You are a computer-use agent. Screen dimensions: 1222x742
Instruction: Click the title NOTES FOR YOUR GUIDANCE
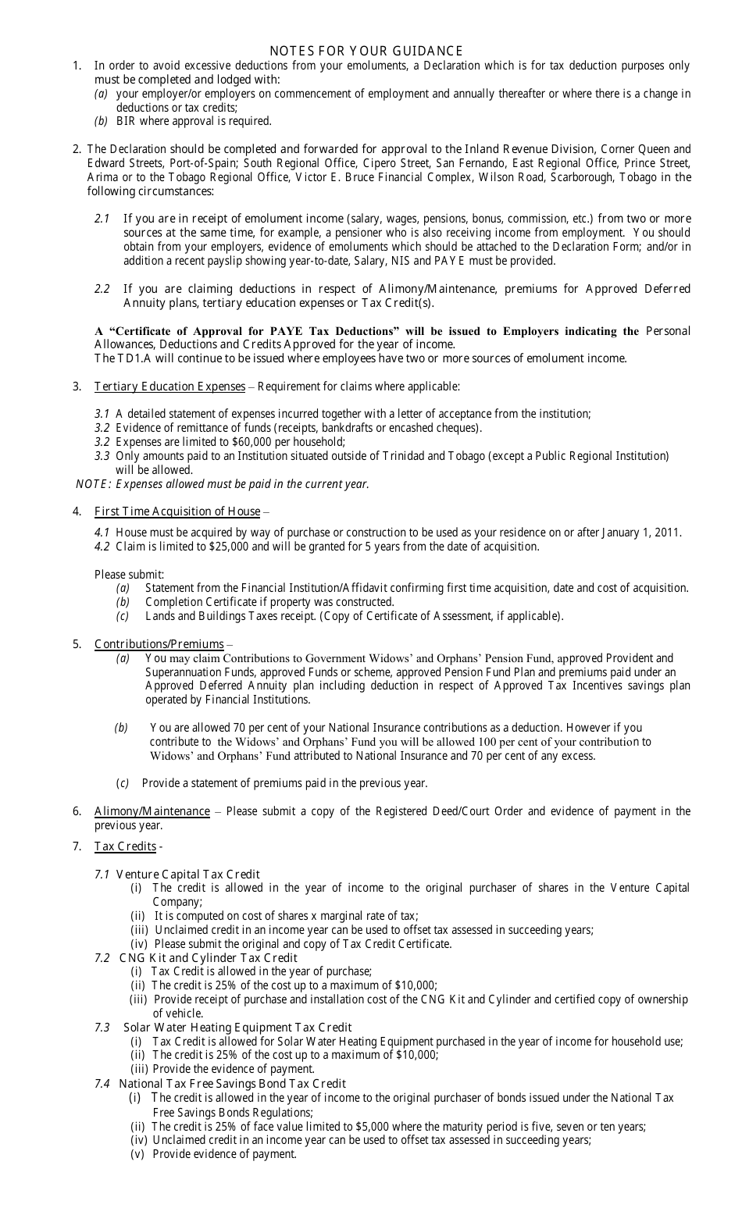click(366, 52)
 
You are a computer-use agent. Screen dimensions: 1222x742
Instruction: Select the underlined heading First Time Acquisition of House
click(177, 511)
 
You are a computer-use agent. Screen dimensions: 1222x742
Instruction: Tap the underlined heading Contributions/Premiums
click(159, 644)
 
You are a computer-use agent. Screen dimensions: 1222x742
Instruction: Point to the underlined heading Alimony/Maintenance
click(152, 811)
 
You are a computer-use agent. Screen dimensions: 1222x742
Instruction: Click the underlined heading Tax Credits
click(125, 846)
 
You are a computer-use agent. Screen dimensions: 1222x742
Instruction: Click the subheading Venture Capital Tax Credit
click(187, 875)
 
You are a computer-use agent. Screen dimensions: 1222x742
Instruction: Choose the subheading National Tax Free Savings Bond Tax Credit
click(232, 1084)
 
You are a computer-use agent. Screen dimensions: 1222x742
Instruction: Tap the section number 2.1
click(102, 219)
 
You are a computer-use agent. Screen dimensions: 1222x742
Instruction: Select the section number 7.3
click(102, 1028)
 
